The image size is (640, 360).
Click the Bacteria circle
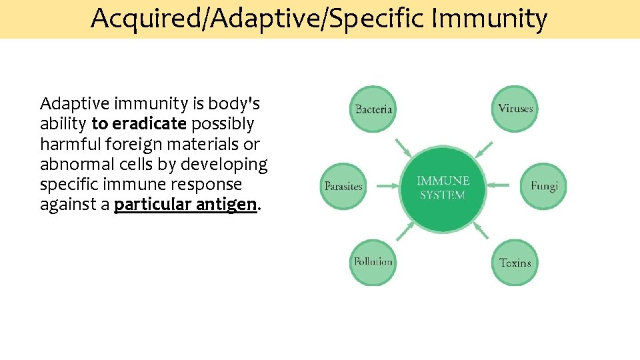pyautogui.click(x=373, y=109)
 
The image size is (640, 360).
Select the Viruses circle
pyautogui.click(x=515, y=109)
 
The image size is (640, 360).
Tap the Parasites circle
pyautogui.click(x=343, y=186)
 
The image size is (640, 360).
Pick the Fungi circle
pyautogui.click(x=543, y=186)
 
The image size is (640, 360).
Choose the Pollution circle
pyautogui.click(x=373, y=262)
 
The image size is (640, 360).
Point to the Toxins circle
pyautogui.click(x=515, y=262)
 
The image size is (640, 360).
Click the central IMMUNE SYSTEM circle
pyautogui.click(x=443, y=187)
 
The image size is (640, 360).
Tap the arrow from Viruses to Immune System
pyautogui.click(x=485, y=148)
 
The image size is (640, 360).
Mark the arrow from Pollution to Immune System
pyautogui.click(x=404, y=229)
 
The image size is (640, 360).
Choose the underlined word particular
pyautogui.click(x=153, y=205)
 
